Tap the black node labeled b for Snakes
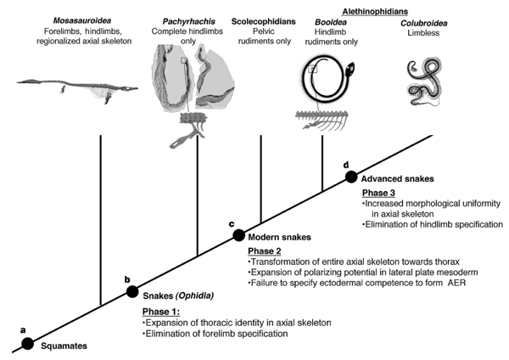pyautogui.click(x=132, y=291)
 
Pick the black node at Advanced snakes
pyautogui.click(x=351, y=177)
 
